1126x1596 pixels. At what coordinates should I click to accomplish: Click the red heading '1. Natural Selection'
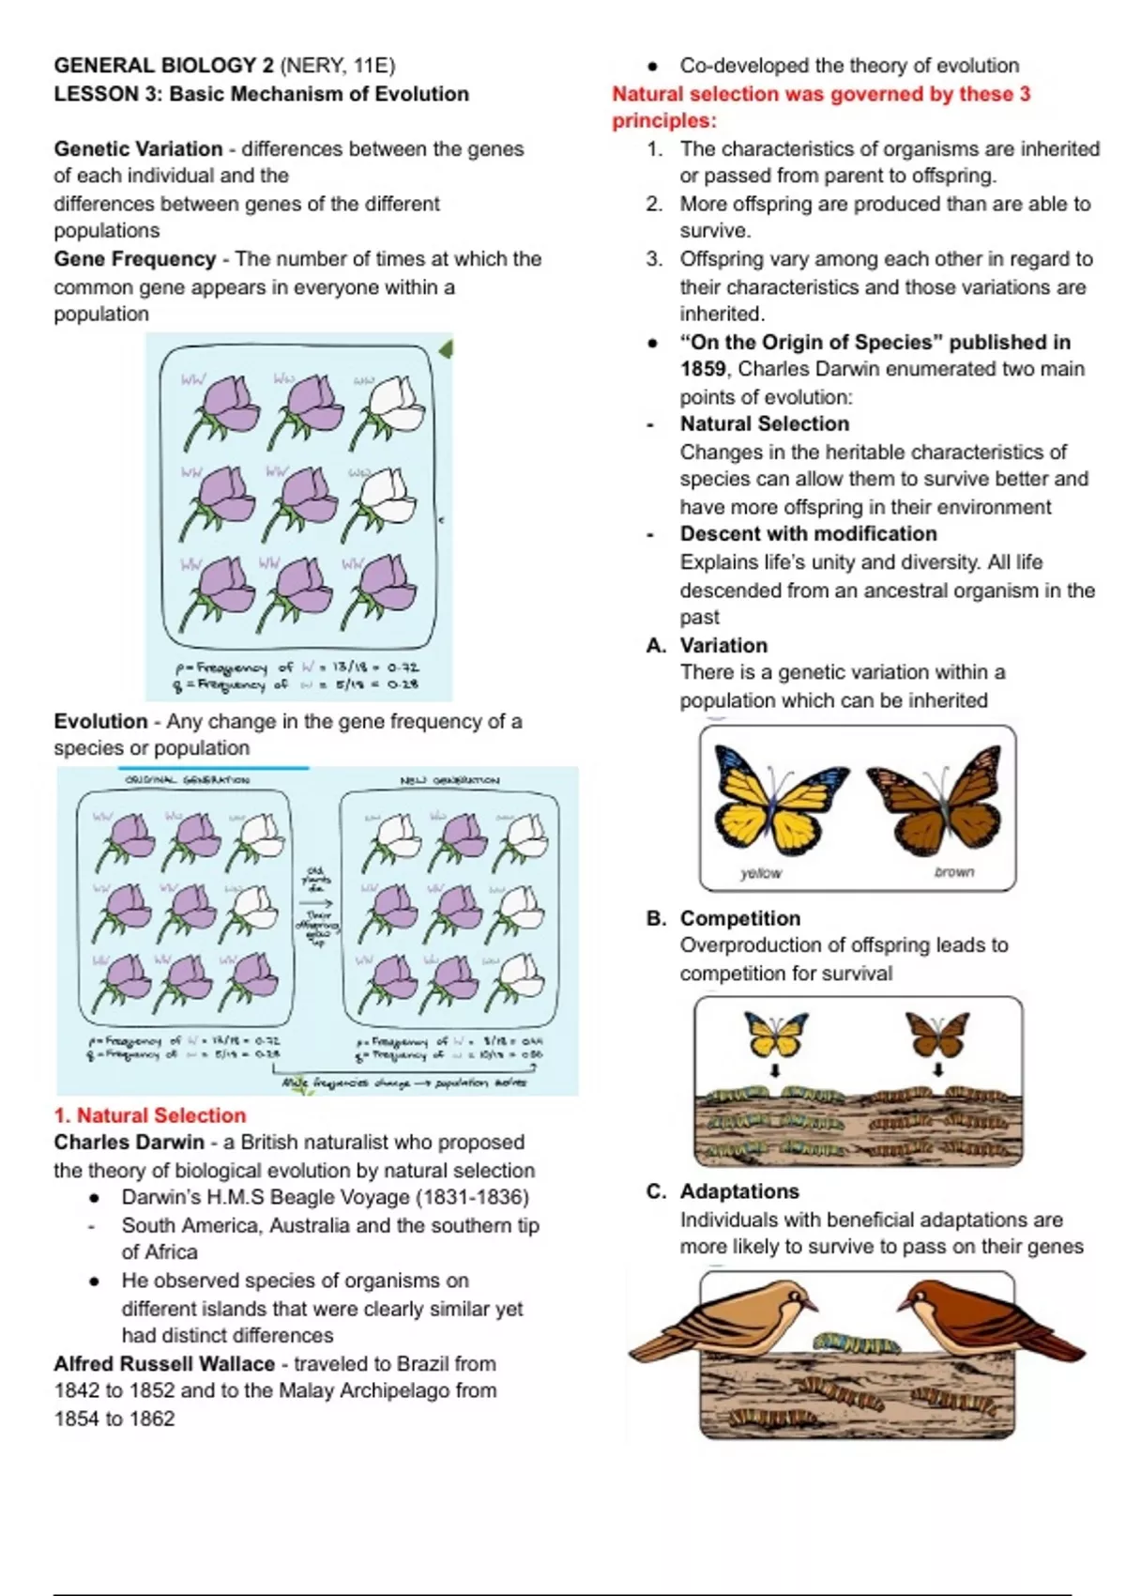click(x=150, y=1115)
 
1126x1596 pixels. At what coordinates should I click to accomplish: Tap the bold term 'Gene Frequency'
click(x=135, y=259)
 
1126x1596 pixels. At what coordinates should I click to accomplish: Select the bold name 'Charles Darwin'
click(x=129, y=1143)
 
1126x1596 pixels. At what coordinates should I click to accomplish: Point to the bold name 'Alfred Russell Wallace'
click(x=164, y=1363)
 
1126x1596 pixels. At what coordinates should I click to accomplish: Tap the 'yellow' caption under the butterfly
click(x=760, y=873)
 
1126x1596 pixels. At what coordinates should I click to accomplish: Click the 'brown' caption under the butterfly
click(x=954, y=872)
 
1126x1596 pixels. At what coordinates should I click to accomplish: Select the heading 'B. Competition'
click(x=723, y=918)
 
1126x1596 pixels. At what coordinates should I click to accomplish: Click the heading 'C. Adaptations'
click(x=723, y=1191)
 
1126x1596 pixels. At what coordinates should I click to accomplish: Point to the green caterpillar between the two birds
click(x=857, y=1343)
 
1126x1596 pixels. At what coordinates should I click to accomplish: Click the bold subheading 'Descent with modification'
click(x=808, y=534)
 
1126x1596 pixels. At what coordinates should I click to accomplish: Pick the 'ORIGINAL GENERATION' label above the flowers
click(x=188, y=780)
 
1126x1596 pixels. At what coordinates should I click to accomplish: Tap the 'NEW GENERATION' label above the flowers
click(x=450, y=780)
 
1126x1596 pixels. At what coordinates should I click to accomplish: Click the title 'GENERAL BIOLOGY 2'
click(x=164, y=66)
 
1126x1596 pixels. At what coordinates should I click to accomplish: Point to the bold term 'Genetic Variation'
click(x=138, y=149)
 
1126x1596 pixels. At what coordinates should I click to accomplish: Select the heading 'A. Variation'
click(x=707, y=646)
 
